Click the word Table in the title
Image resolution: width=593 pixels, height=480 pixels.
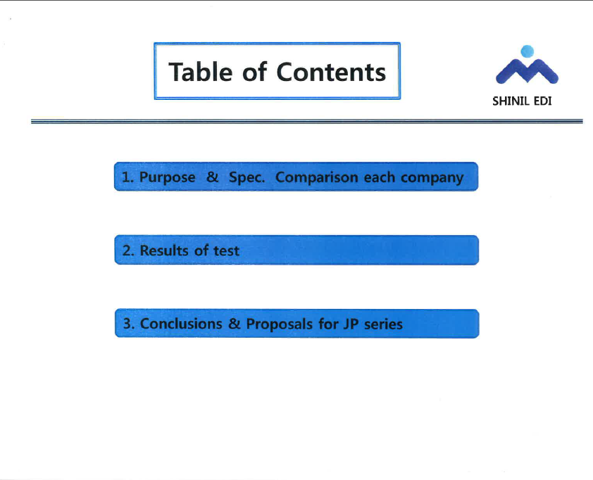point(201,72)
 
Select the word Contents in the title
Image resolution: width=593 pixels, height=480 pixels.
point(331,72)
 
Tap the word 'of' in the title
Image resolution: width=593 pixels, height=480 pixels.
point(254,71)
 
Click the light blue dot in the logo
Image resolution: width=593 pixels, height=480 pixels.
point(528,51)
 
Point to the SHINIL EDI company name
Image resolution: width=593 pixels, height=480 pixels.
point(522,101)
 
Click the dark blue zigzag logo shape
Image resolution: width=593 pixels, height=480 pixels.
point(528,70)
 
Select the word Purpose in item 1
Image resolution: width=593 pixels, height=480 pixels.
point(168,177)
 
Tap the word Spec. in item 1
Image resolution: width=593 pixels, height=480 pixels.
point(247,177)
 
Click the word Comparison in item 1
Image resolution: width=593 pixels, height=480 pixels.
point(316,177)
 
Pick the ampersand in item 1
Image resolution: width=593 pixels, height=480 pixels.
point(213,177)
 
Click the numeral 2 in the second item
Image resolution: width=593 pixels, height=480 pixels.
point(127,250)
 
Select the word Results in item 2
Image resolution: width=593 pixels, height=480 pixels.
point(164,250)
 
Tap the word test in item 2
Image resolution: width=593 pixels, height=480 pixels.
point(226,251)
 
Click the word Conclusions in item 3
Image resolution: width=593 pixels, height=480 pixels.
point(181,324)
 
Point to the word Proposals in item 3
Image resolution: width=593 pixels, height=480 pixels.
point(279,324)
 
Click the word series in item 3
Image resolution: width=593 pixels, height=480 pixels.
point(384,324)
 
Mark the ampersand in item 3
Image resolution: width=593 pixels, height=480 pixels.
point(235,324)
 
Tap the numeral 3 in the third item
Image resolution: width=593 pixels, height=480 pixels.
point(128,324)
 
